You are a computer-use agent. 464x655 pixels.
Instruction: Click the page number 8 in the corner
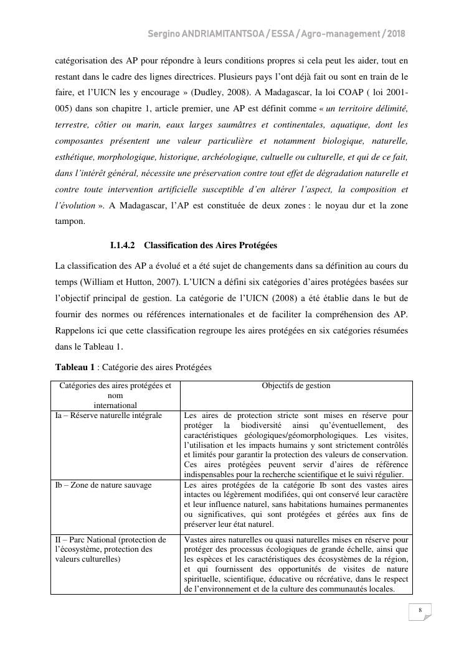pyautogui.click(x=420, y=610)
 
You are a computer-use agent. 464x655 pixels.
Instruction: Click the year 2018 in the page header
pyautogui.click(x=396, y=34)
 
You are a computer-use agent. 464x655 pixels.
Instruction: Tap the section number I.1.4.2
pyautogui.click(x=123, y=246)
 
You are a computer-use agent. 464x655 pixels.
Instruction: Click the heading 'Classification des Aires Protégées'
pyautogui.click(x=211, y=246)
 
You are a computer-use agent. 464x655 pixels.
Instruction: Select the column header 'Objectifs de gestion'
pyautogui.click(x=296, y=386)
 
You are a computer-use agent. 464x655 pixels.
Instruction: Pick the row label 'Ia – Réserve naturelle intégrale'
pyautogui.click(x=108, y=415)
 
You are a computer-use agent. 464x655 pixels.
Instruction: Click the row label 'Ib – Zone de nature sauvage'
pyautogui.click(x=103, y=485)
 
